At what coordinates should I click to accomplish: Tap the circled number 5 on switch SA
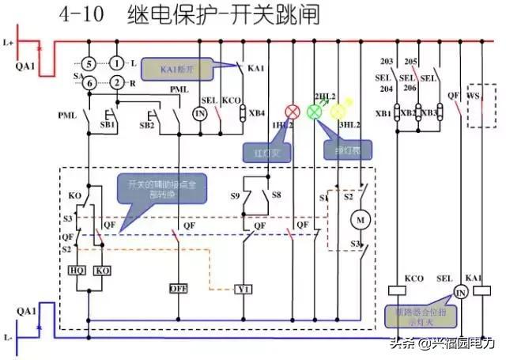(90, 63)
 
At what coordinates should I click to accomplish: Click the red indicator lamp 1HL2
(292, 111)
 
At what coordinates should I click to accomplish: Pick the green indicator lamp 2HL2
(315, 111)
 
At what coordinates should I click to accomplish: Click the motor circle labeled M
(360, 217)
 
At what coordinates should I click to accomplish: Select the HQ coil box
(78, 270)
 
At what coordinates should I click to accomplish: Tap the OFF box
(176, 289)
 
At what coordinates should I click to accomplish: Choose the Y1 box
(244, 289)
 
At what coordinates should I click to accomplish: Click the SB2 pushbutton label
(147, 125)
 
